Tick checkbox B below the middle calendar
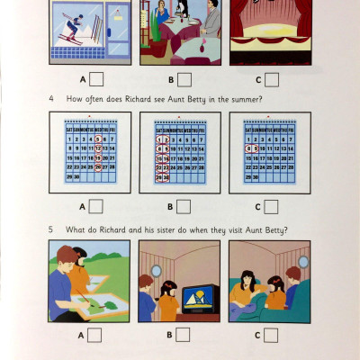pos(184,205)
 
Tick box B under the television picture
pos(184,335)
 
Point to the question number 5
pos(53,229)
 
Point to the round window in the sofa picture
pos(303,262)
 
